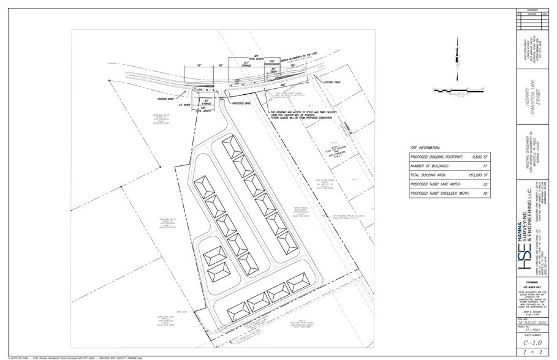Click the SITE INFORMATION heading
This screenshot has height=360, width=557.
426,148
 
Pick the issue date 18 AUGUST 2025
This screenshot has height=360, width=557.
528,318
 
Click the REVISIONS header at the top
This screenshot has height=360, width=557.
528,10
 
